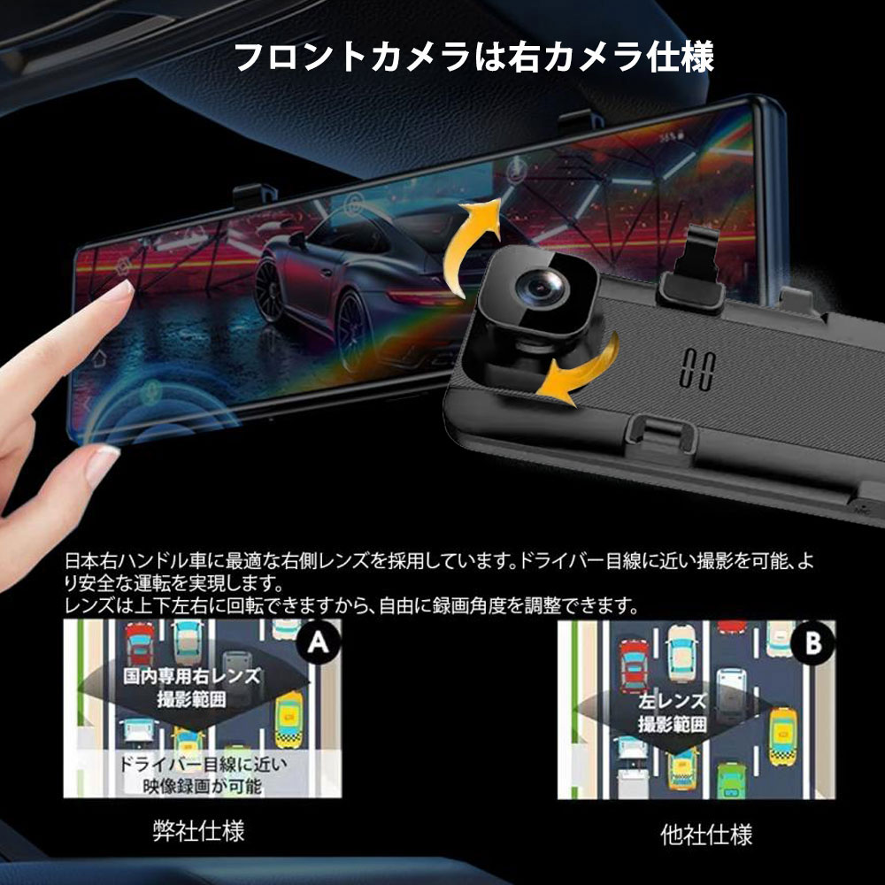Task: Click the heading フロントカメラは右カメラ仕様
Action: pyautogui.click(x=474, y=58)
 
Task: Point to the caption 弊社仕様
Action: pyautogui.click(x=199, y=832)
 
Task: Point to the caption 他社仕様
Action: pyautogui.click(x=706, y=835)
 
